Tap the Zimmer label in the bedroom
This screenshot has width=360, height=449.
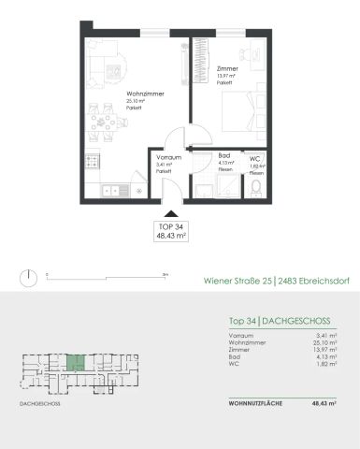[225, 69]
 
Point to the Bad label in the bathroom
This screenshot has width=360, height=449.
[223, 156]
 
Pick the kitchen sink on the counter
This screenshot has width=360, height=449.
[111, 190]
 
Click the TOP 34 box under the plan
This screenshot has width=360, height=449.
[169, 232]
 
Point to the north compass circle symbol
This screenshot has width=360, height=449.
[30, 276]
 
